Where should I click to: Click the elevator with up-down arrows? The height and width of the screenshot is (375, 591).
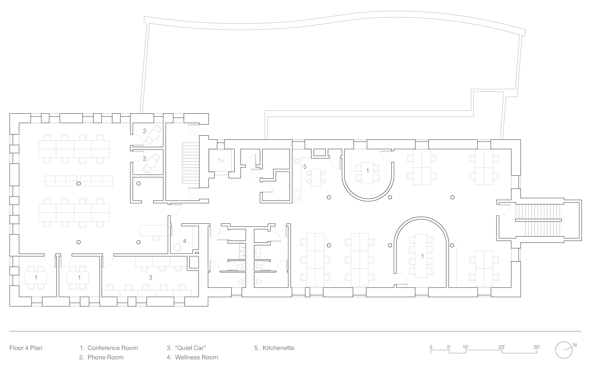(221, 161)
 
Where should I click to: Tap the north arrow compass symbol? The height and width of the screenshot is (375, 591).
(564, 349)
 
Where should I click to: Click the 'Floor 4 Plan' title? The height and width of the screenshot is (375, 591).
(26, 348)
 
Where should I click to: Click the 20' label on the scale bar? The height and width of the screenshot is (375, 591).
(502, 347)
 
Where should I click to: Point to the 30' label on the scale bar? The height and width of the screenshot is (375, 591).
(537, 347)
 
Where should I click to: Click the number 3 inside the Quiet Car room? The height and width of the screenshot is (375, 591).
(150, 277)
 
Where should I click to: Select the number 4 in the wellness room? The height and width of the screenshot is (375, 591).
(185, 241)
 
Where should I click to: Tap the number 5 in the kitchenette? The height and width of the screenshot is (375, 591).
(305, 167)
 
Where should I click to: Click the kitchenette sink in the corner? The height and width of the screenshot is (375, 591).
(297, 161)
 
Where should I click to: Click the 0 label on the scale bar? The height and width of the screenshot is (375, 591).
(431, 347)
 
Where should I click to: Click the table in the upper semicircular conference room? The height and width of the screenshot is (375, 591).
(367, 173)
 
